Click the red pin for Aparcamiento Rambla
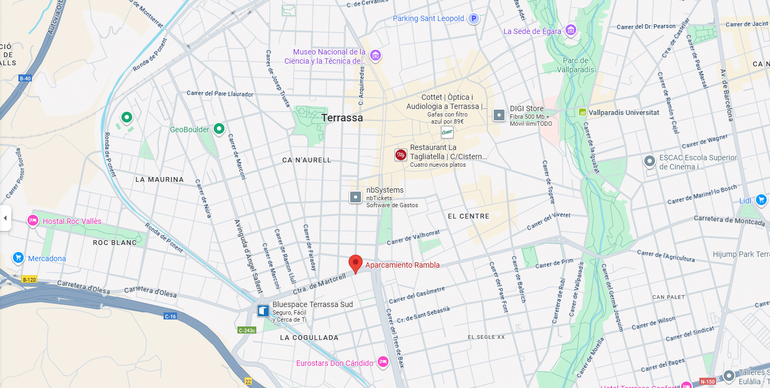[x=355, y=263]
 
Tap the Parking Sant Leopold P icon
[x=473, y=19]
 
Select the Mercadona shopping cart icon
[x=18, y=258]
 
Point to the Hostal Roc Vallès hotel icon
[x=33, y=221]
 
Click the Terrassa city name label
[x=342, y=118]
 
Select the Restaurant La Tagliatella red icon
[x=401, y=155]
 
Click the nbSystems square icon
[x=356, y=197]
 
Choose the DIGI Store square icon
[x=499, y=115]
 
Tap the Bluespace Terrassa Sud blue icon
[x=263, y=311]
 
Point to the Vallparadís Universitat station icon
[x=582, y=112]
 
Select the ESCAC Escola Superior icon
[x=650, y=161]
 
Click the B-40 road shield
[x=25, y=78]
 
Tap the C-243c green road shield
[x=247, y=330]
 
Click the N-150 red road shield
[x=707, y=382]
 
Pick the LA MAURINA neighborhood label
[x=159, y=179]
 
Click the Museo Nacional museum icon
[x=376, y=55]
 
